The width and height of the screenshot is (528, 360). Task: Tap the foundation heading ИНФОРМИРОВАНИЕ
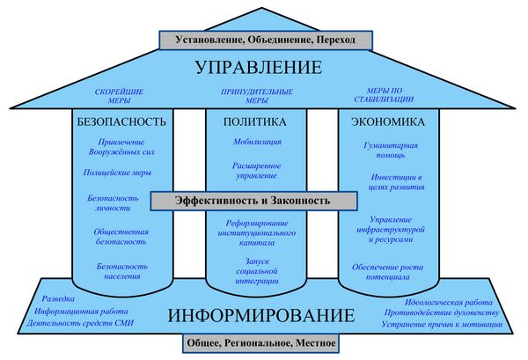pyautogui.click(x=260, y=314)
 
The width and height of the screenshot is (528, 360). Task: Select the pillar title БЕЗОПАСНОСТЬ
pyautogui.click(x=122, y=121)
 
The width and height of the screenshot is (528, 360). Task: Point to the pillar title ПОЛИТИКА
pyautogui.click(x=255, y=121)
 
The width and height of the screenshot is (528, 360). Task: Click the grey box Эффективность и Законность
pyautogui.click(x=253, y=201)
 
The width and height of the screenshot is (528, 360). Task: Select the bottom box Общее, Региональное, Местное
pyautogui.click(x=260, y=342)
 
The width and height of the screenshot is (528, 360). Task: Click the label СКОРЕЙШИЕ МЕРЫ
pyautogui.click(x=121, y=96)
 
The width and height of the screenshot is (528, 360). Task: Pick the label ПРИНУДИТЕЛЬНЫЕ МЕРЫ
pyautogui.click(x=255, y=96)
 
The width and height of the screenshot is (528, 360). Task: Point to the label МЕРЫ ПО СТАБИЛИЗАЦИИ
pyautogui.click(x=391, y=96)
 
